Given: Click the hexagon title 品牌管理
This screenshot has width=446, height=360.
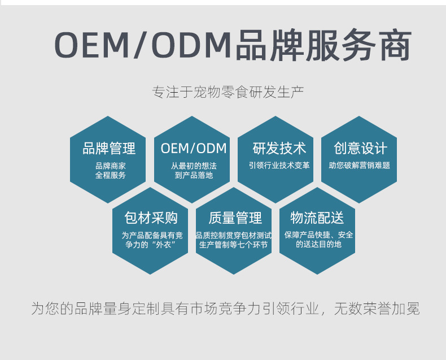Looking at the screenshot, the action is (109, 149).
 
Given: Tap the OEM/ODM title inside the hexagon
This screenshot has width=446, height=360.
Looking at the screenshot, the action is (194, 149).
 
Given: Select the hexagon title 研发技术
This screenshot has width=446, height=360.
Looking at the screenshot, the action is (279, 149).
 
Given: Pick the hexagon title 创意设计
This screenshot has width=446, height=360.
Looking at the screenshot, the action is (360, 149).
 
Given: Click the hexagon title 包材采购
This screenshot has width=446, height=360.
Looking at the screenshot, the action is (151, 218).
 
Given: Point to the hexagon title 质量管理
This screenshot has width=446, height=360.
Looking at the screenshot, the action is (235, 218).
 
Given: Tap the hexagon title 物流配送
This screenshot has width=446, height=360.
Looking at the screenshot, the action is (317, 218).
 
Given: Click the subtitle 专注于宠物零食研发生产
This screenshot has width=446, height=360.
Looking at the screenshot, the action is (228, 92).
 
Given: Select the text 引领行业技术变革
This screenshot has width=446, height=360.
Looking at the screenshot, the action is (279, 166).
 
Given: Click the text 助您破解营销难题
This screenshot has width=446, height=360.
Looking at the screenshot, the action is (360, 166).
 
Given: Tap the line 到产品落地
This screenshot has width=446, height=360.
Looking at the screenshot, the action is (194, 175).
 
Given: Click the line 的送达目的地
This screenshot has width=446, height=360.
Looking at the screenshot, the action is (318, 244).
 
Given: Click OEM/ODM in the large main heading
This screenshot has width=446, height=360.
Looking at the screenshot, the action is (143, 45).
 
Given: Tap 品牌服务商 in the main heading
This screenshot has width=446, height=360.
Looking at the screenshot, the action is (323, 45).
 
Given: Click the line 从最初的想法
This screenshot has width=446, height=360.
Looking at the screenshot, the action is (194, 166).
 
